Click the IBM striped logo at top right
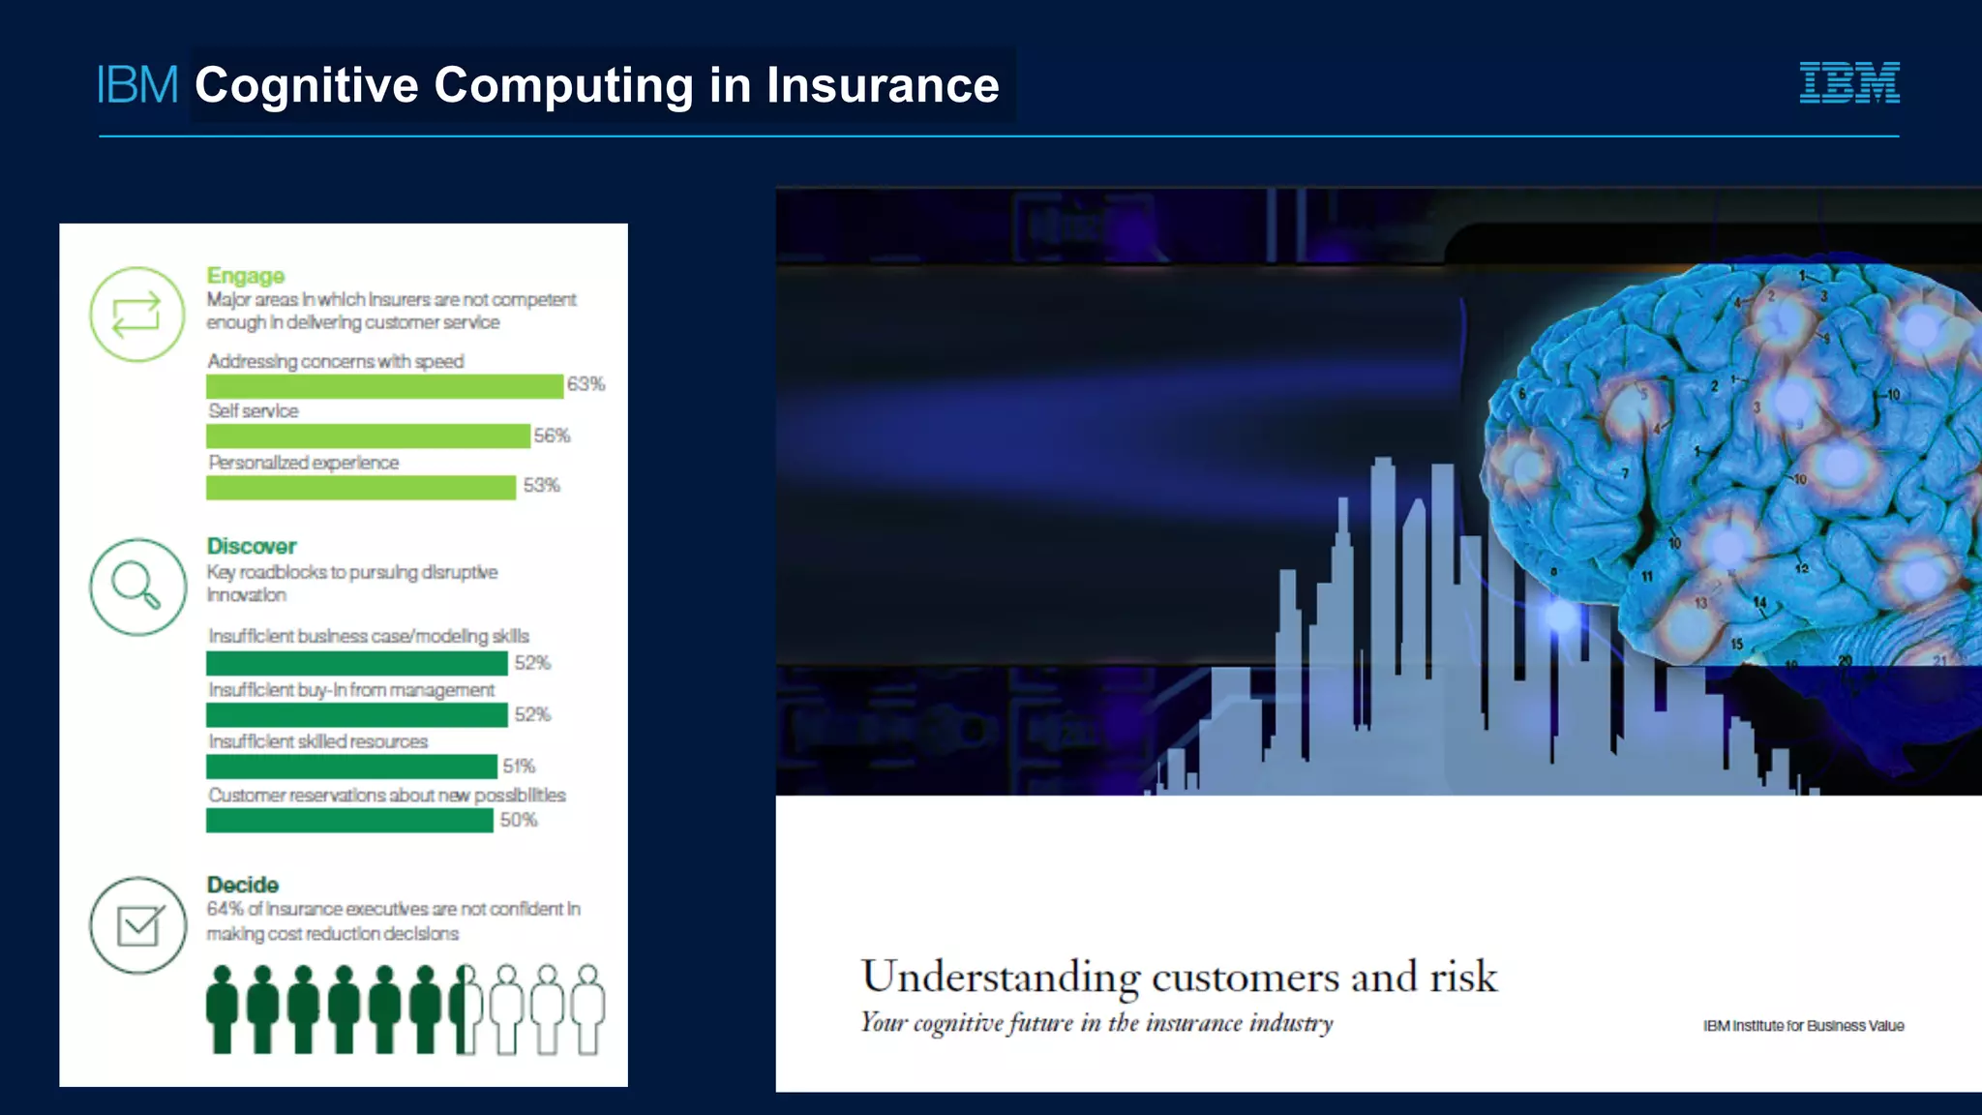pyautogui.click(x=1848, y=82)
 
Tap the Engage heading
pyautogui.click(x=246, y=276)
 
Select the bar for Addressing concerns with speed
pyautogui.click(x=384, y=386)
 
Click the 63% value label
pyautogui.click(x=586, y=384)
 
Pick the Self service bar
pyautogui.click(x=368, y=437)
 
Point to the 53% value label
pyautogui.click(x=541, y=485)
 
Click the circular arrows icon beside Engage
pyautogui.click(x=136, y=315)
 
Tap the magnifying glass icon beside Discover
pyautogui.click(x=136, y=587)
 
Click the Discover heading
pyautogui.click(x=252, y=546)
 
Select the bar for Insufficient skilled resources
pyautogui.click(x=351, y=767)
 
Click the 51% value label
pyautogui.click(x=519, y=766)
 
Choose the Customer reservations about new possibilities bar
pyautogui.click(x=349, y=821)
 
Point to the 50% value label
pyautogui.click(x=519, y=820)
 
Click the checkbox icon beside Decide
pyautogui.click(x=138, y=925)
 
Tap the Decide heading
pyautogui.click(x=242, y=885)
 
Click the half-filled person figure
pyautogui.click(x=465, y=1009)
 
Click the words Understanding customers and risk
pyautogui.click(x=1179, y=977)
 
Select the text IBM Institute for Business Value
pyautogui.click(x=1803, y=1026)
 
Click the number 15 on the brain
pyautogui.click(x=1737, y=644)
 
